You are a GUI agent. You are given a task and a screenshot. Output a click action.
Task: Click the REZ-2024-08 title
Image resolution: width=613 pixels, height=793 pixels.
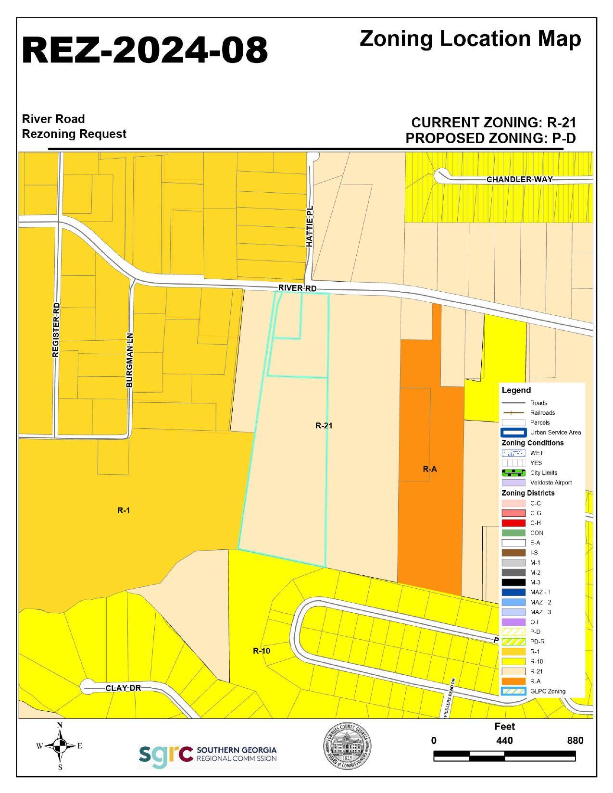[x=145, y=50]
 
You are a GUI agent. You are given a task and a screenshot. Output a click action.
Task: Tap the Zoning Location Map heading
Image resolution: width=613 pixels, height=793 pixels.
[x=470, y=39]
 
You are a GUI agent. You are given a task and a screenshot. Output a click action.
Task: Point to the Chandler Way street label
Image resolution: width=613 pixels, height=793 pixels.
[x=519, y=179]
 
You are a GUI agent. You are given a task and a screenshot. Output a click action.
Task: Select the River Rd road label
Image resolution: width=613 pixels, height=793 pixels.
[x=297, y=288]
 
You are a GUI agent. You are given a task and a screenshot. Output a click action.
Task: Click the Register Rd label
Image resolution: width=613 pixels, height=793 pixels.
[x=56, y=330]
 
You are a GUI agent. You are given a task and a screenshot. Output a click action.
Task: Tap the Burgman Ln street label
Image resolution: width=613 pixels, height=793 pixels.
[x=129, y=360]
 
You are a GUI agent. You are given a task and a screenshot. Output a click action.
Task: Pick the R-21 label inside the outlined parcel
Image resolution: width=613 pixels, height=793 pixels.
[x=324, y=425]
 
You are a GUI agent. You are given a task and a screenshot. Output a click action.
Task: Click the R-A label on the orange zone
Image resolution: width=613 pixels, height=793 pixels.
[x=430, y=469]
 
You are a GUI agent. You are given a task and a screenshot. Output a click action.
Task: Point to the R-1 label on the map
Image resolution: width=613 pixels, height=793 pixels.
[x=124, y=510]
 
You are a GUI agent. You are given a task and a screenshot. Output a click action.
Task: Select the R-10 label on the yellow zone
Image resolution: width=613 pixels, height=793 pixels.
[x=262, y=651]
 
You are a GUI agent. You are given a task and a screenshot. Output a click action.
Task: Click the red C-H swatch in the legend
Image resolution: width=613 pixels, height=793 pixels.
[x=513, y=523]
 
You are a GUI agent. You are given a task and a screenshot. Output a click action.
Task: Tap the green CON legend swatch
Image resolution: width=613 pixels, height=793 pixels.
[x=513, y=533]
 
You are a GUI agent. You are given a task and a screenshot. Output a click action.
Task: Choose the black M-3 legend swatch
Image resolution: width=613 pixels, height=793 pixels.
[x=513, y=582]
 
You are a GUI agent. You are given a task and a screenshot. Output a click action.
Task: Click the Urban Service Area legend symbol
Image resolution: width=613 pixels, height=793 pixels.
[x=513, y=433]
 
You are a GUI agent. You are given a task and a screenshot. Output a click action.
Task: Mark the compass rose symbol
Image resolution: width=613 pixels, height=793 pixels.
[x=60, y=746]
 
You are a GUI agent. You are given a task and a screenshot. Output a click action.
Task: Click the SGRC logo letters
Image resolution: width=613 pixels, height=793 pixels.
[x=165, y=754]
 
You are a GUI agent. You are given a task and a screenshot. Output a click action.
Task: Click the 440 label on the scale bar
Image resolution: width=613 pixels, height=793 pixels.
[x=504, y=741]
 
